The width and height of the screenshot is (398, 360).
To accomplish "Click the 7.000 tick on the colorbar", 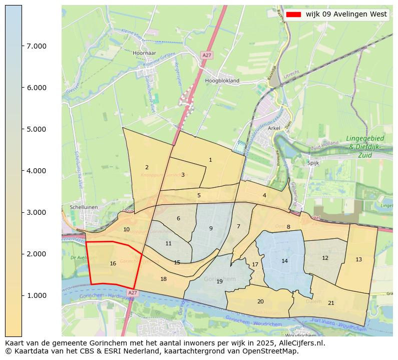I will pos(22,46).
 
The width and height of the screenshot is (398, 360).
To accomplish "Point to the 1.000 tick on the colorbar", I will pos(22,295).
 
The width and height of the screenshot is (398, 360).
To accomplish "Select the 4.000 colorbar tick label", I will pos(37,171).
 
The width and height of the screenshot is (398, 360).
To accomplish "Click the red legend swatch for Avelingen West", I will pos(294,15).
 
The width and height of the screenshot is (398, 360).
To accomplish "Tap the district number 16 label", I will pos(113,263).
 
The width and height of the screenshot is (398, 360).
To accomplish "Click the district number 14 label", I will pos(284,261).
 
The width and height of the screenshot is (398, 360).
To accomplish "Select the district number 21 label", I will pos(331,303).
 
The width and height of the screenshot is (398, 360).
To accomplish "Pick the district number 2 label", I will pos(147,167).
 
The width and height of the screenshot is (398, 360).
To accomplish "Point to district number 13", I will pos(358,259).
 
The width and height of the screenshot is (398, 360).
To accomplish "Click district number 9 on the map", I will pos(211,228).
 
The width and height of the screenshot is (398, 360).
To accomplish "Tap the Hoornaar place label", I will pos(144,53).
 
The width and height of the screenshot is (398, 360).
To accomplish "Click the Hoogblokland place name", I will pos(222,80).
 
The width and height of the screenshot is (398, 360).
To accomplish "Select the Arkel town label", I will pos(274,128).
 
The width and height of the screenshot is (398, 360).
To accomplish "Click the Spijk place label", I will pos(313,163).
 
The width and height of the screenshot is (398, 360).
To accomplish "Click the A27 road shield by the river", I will pos(132,292).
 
